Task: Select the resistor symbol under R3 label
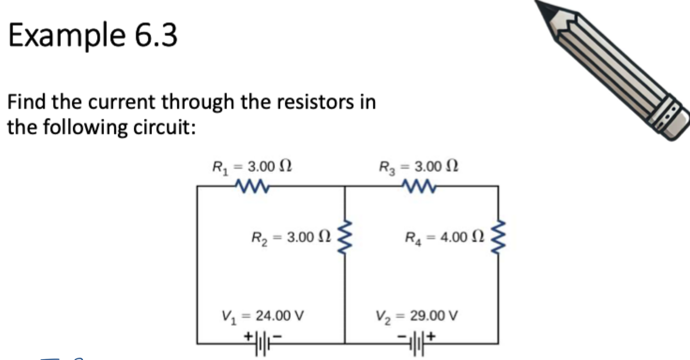click(419, 187)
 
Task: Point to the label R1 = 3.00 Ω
click(252, 166)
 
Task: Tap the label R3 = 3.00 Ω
click(419, 166)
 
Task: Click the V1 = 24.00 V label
click(263, 315)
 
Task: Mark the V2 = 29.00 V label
click(416, 315)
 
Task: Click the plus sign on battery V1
click(249, 335)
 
